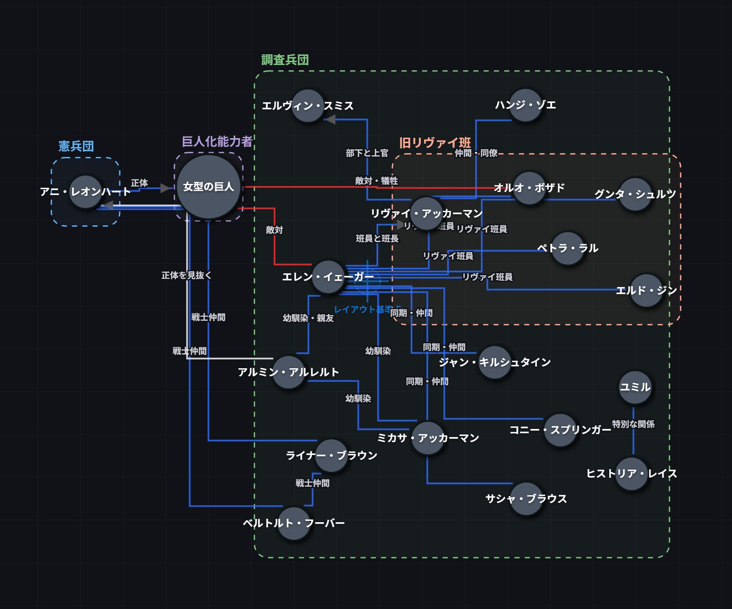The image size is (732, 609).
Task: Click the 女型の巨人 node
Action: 209,187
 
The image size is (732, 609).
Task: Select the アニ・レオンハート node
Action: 86,192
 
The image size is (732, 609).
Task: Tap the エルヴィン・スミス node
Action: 308,106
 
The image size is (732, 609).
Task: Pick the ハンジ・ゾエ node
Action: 525,105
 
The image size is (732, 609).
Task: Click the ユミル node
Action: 635,387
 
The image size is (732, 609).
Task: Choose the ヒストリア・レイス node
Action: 632,474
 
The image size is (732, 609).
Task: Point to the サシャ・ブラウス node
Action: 526,499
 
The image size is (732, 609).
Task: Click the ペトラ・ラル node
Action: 568,248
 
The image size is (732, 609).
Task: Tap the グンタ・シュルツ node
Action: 635,195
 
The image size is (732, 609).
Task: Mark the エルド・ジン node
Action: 646,291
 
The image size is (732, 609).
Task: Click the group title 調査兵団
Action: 285,60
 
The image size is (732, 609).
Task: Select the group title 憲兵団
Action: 76,146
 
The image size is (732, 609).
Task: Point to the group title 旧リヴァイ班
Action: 435,143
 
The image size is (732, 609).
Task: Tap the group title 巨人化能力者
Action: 217,142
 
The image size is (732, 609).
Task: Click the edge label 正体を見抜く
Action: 187,275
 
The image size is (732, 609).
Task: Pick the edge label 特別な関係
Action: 633,424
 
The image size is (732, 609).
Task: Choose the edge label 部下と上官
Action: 367,153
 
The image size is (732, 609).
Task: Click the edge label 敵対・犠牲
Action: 376,181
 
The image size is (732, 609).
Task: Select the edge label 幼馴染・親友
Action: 308,318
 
